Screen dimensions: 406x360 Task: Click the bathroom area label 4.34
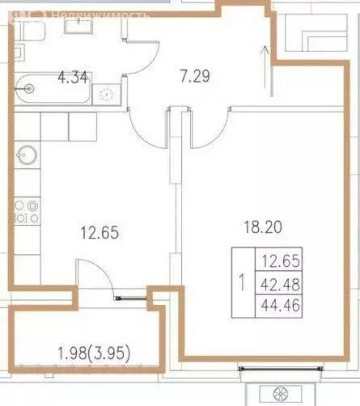pos(73,78)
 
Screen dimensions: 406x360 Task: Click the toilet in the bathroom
pos(33,32)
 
